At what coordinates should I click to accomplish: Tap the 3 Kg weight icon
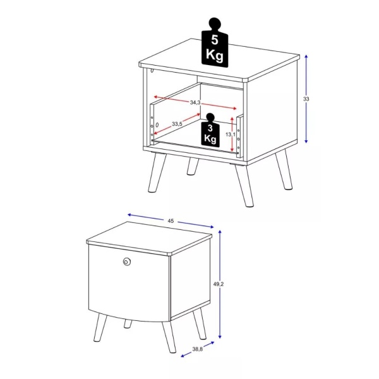(x=210, y=130)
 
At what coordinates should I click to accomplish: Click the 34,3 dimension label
(x=195, y=102)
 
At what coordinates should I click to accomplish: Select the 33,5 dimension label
(x=176, y=124)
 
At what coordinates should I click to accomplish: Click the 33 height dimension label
(x=306, y=99)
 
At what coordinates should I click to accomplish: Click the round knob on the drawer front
(x=126, y=262)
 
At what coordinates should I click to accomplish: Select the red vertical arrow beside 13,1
(x=239, y=134)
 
